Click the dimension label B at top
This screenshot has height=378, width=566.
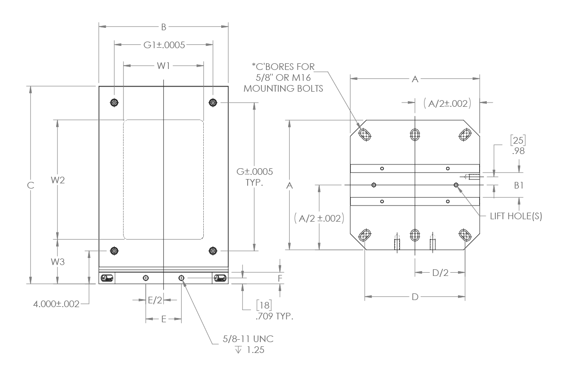click(164, 27)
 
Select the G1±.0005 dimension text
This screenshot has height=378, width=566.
click(164, 45)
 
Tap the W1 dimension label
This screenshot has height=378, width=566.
click(163, 66)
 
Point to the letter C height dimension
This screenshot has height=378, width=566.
click(31, 186)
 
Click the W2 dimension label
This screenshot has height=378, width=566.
click(58, 180)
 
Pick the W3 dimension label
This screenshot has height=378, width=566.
click(58, 262)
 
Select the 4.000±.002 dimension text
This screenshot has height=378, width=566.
click(56, 304)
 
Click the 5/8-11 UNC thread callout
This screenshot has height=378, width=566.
click(248, 339)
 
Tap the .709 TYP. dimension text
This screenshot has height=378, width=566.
click(275, 316)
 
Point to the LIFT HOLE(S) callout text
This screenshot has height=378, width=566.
click(516, 216)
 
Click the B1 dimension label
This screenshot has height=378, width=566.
click(518, 185)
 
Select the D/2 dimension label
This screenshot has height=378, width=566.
click(440, 273)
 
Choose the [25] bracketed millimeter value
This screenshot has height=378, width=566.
click(518, 140)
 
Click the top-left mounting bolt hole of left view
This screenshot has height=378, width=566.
click(114, 103)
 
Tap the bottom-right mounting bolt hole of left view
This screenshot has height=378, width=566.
click(213, 250)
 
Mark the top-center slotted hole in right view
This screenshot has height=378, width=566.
click(415, 134)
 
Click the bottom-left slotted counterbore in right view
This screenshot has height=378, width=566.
click(365, 235)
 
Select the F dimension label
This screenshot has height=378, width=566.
click(280, 278)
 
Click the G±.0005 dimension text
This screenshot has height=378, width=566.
click(255, 172)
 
